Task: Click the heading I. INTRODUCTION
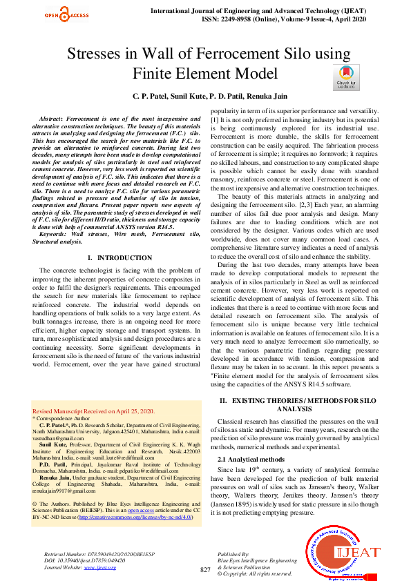point(115,257)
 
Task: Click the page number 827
point(205,569)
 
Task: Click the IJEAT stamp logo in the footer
point(343,553)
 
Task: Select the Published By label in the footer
point(233,554)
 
